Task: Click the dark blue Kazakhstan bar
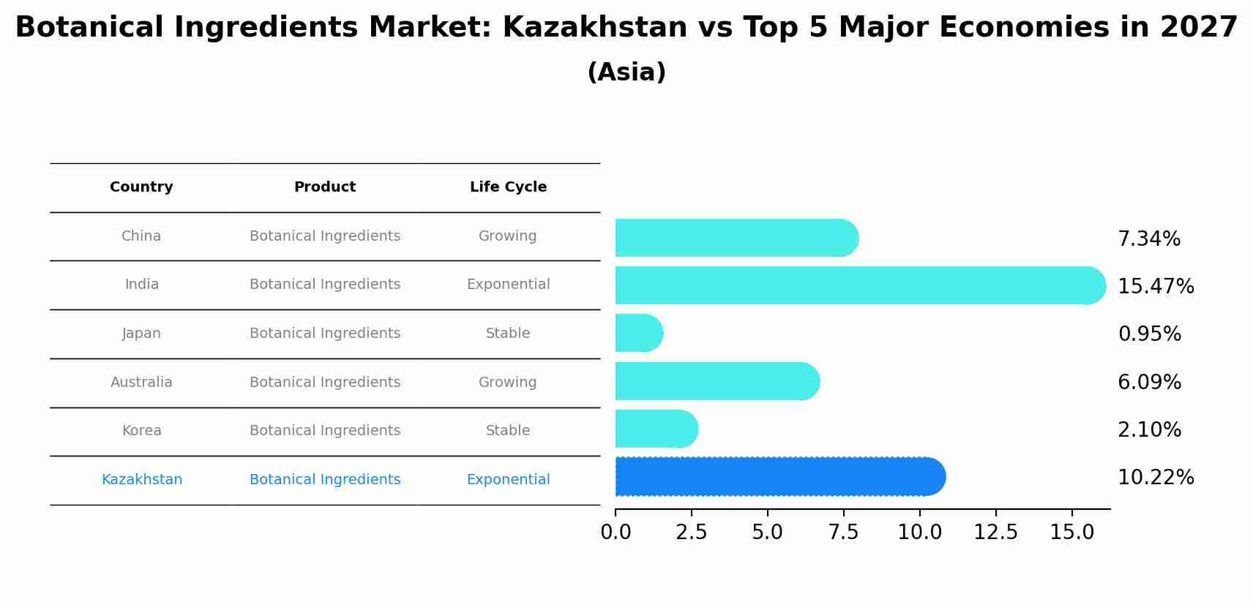(x=779, y=477)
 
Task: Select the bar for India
(x=860, y=285)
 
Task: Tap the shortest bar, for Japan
(x=639, y=334)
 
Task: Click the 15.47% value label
(x=1156, y=287)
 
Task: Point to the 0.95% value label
(x=1149, y=334)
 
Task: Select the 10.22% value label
(x=1156, y=478)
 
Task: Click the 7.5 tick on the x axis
(x=843, y=533)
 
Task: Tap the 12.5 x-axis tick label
(x=995, y=533)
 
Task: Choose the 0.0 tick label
(x=616, y=533)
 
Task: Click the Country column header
(x=141, y=187)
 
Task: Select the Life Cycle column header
(x=508, y=187)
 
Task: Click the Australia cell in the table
(x=141, y=383)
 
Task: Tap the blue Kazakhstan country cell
(x=142, y=480)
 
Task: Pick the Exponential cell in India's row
(x=508, y=285)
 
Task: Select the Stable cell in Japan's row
(x=508, y=334)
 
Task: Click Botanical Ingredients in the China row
(x=325, y=236)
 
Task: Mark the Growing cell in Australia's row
(x=507, y=383)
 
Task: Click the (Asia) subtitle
(x=626, y=72)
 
